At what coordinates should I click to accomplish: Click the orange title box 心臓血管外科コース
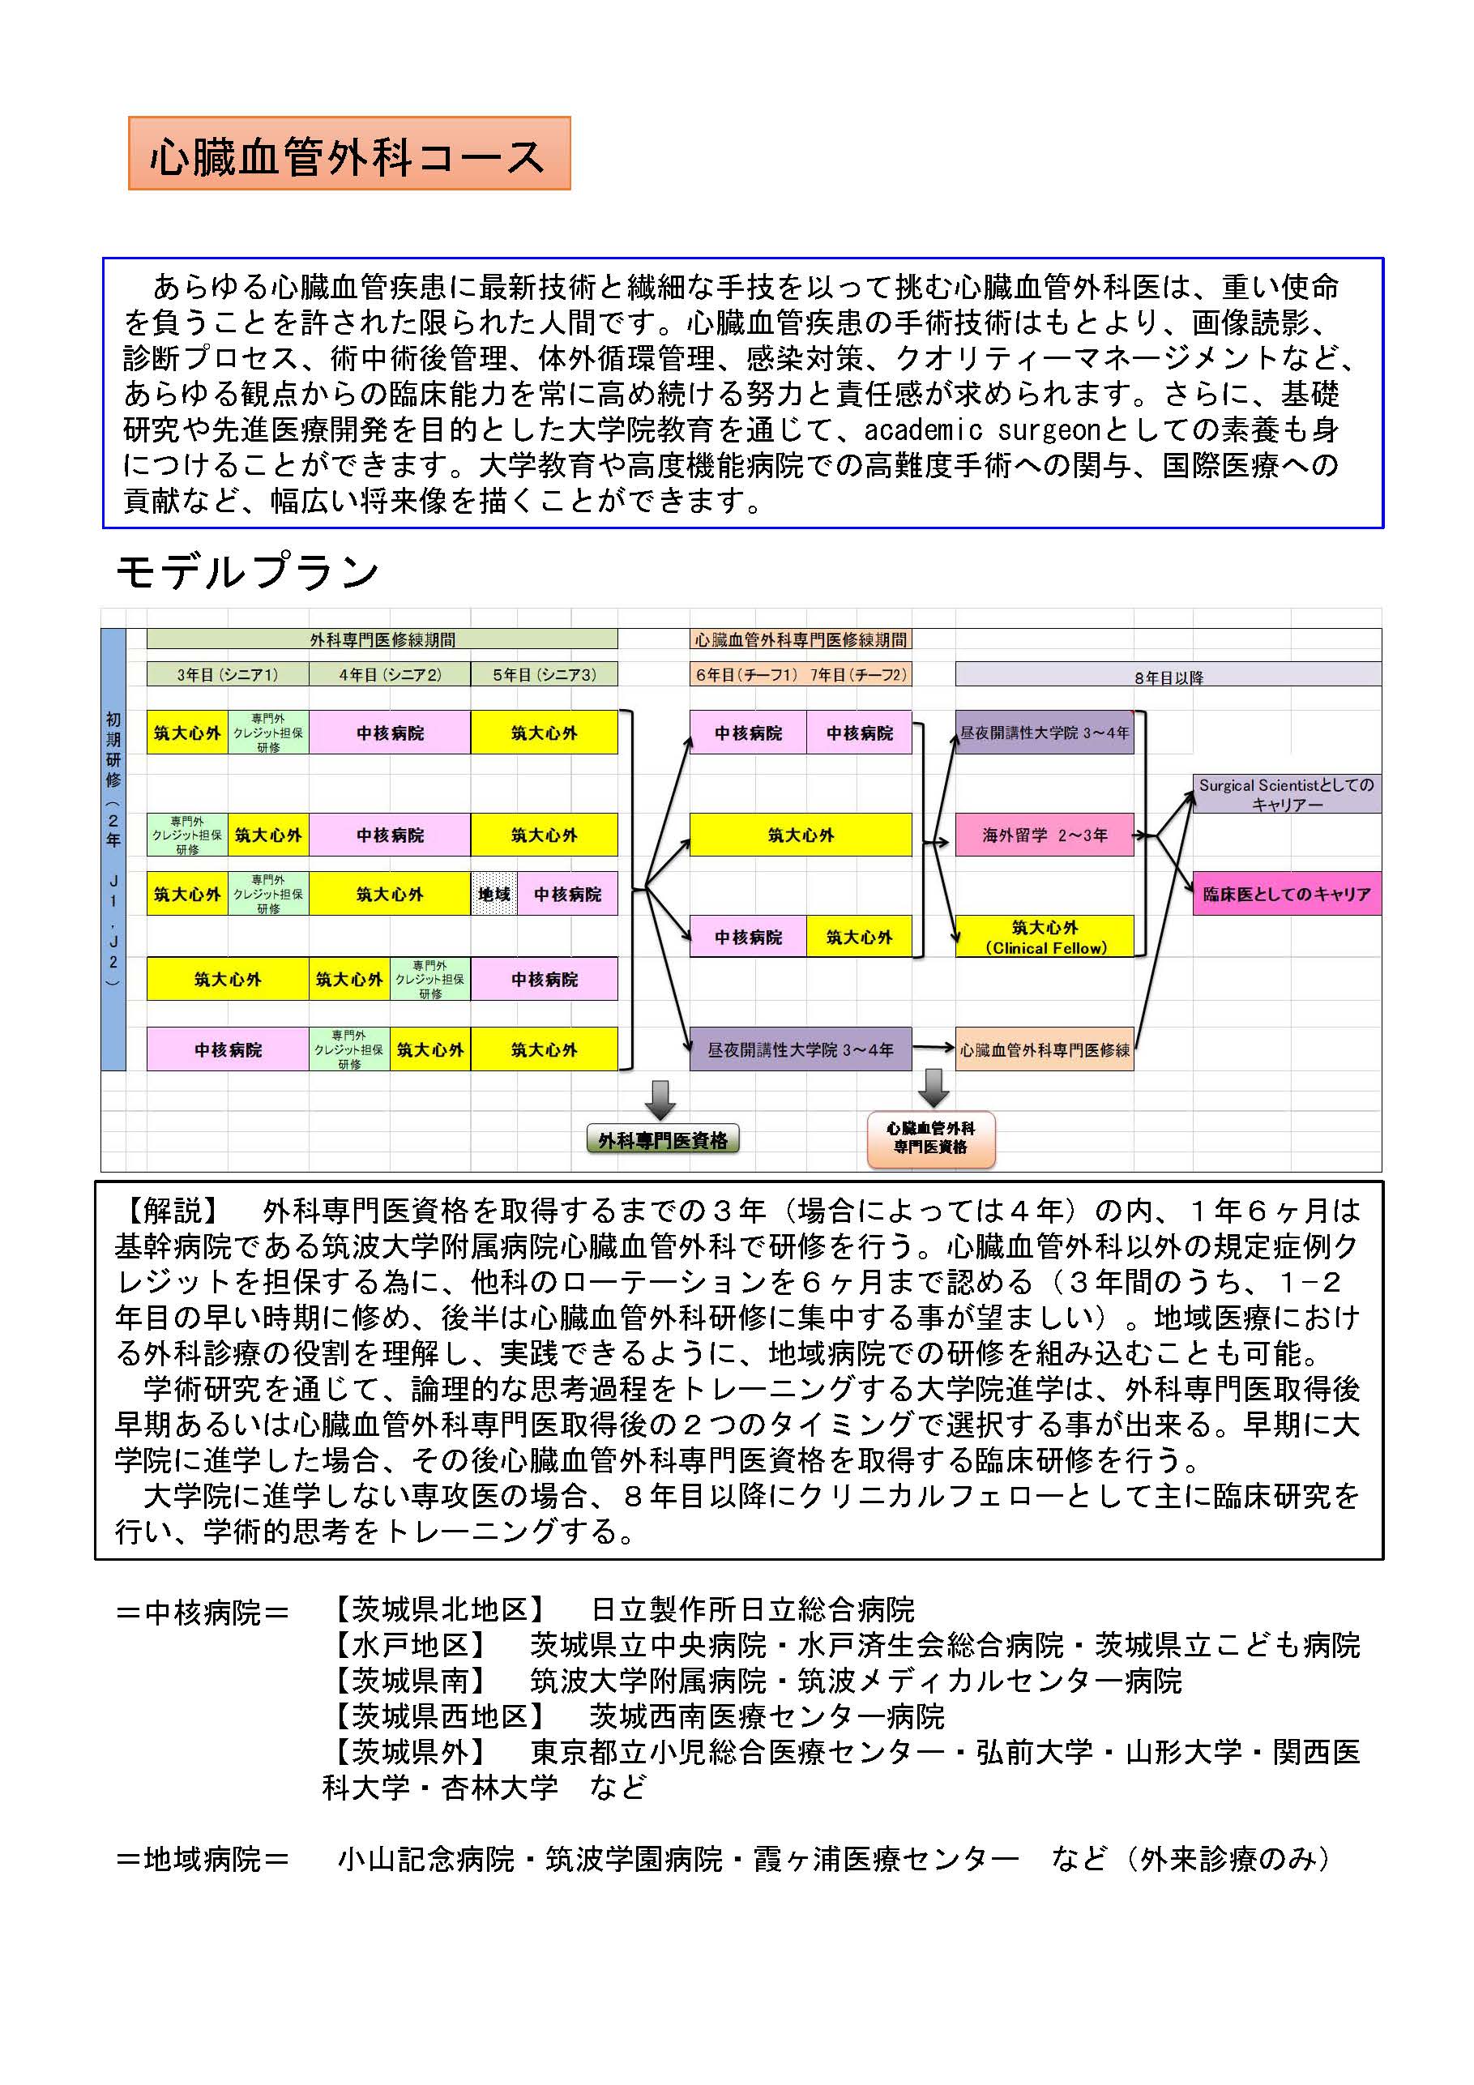[x=348, y=153]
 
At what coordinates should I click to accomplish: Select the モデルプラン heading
[x=247, y=571]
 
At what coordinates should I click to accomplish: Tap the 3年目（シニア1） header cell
[x=227, y=674]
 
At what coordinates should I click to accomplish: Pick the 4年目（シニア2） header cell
[x=389, y=674]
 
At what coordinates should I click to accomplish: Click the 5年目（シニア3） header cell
[x=544, y=674]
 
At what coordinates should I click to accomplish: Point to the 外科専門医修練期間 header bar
[x=382, y=639]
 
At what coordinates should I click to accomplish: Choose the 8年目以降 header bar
[x=1167, y=675]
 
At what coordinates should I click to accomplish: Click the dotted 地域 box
[x=494, y=894]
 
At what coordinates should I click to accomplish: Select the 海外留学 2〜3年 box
[x=1045, y=835]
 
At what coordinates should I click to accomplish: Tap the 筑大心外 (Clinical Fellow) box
[x=1045, y=936]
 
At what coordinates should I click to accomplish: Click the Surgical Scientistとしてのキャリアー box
[x=1286, y=793]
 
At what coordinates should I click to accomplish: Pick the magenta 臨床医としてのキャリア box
[x=1286, y=894]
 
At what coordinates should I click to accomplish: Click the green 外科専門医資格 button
[x=662, y=1139]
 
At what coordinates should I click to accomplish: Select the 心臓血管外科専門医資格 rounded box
[x=931, y=1138]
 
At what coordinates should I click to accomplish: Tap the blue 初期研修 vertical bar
[x=113, y=848]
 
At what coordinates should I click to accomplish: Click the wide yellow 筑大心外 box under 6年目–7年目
[x=800, y=835]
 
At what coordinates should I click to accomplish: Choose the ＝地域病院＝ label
[x=203, y=1858]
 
